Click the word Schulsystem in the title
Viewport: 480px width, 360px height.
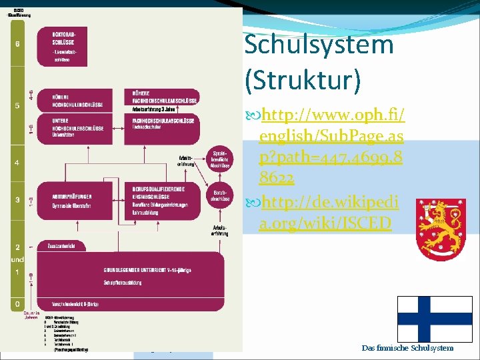pos(319,45)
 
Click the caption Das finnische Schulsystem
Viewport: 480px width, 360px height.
pos(407,348)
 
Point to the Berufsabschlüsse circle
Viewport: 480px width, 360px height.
pos(221,195)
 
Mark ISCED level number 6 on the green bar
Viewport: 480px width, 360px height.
pos(17,44)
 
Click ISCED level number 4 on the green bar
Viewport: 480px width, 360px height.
pos(17,163)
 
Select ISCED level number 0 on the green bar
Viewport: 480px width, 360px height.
pos(17,303)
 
